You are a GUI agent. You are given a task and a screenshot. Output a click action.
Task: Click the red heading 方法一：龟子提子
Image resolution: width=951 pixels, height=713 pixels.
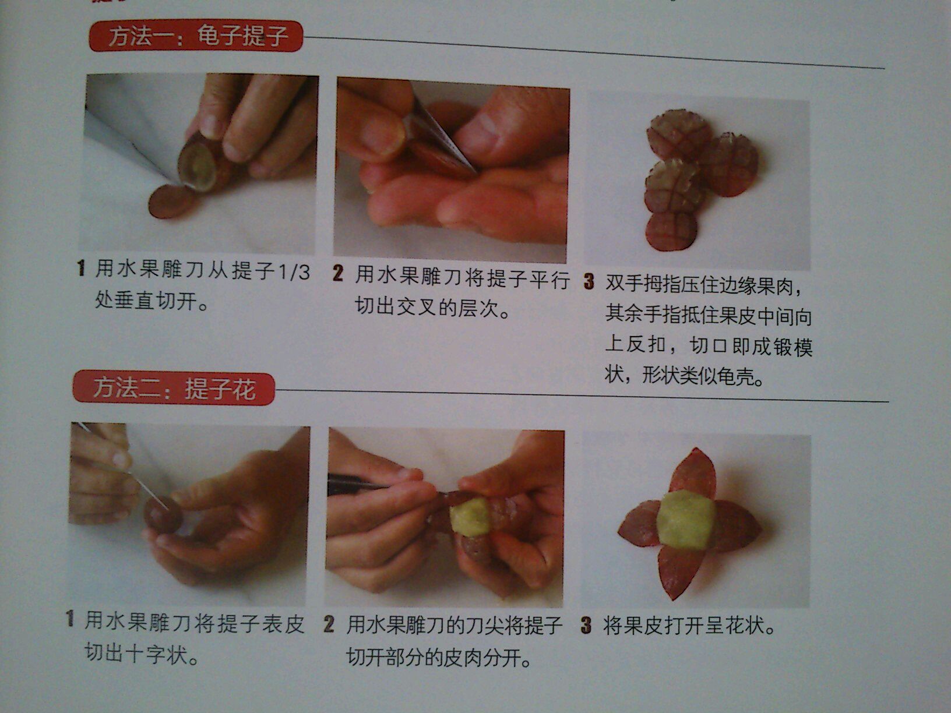195,36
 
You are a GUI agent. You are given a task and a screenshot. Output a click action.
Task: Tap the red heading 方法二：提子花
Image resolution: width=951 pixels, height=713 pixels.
174,388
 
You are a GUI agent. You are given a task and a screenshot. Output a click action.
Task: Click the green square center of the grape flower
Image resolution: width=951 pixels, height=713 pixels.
685,520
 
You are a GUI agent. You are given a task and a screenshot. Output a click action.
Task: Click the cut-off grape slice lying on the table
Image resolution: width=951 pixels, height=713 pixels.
171,201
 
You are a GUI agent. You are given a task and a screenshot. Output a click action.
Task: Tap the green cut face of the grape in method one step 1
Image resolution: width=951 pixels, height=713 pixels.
199,166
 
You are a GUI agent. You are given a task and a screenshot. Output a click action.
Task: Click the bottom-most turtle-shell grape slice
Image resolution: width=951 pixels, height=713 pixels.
671,230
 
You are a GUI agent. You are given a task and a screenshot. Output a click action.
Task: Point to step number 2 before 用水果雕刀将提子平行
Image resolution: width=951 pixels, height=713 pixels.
338,274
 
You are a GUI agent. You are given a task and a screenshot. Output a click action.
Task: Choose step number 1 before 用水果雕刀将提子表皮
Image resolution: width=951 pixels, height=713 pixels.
70,618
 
